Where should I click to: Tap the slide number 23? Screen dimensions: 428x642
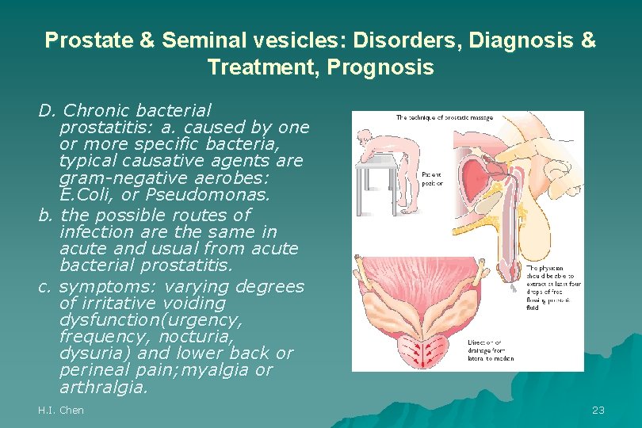tap(598, 410)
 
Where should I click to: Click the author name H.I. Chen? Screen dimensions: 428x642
tap(61, 410)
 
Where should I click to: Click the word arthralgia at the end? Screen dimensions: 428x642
tap(103, 388)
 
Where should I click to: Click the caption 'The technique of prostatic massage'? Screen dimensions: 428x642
tap(444, 118)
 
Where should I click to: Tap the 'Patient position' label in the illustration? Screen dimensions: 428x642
tap(432, 178)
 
